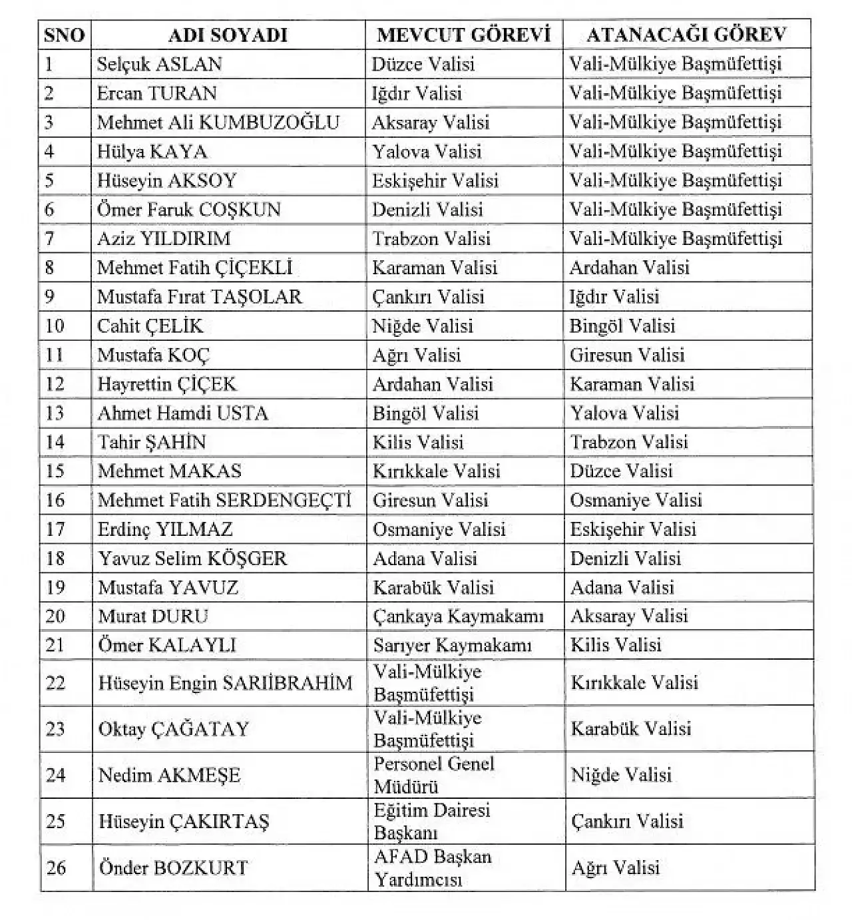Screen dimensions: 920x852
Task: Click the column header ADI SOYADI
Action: pyautogui.click(x=228, y=35)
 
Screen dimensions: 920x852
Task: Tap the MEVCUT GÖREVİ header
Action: pyautogui.click(x=464, y=35)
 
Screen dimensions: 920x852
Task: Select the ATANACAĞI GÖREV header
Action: pyautogui.click(x=686, y=35)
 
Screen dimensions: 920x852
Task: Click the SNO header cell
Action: pyautogui.click(x=65, y=35)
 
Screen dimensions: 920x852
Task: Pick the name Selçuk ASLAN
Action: pyautogui.click(x=160, y=64)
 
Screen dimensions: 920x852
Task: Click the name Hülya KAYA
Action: pyautogui.click(x=152, y=152)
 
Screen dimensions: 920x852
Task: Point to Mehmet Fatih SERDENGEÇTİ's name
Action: pyautogui.click(x=224, y=500)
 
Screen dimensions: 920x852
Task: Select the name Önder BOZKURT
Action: pyautogui.click(x=173, y=867)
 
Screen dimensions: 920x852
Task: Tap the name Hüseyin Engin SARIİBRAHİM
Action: pyautogui.click(x=225, y=682)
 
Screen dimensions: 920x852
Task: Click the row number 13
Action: pyautogui.click(x=55, y=413)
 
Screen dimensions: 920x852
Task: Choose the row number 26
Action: pyautogui.click(x=56, y=867)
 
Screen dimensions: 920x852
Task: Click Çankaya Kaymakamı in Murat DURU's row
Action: pyautogui.click(x=458, y=616)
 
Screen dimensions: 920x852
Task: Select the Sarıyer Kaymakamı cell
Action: pyautogui.click(x=453, y=645)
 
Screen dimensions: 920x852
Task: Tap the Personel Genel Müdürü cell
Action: pyautogui.click(x=434, y=775)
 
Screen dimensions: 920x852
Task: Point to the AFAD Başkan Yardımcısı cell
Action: pyautogui.click(x=433, y=867)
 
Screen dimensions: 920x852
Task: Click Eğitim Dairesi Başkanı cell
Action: pyautogui.click(x=432, y=821)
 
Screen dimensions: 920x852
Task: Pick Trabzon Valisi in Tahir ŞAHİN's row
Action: pyautogui.click(x=629, y=442)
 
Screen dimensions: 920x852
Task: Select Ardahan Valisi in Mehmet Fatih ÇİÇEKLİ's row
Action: pyautogui.click(x=629, y=268)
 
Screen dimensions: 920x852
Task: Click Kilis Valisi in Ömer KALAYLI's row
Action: pyautogui.click(x=616, y=645)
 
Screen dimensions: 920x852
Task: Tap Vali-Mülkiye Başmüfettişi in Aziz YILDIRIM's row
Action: pyautogui.click(x=676, y=238)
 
